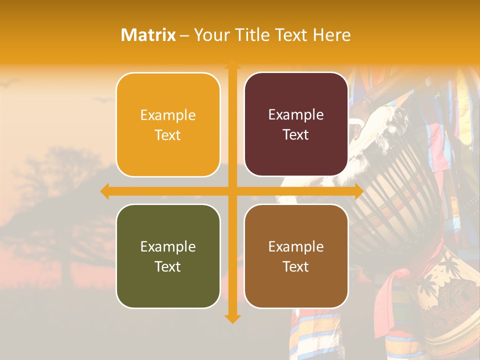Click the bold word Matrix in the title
148,35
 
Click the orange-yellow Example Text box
168,124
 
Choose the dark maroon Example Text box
296,124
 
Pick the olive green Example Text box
168,256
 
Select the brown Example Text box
296,256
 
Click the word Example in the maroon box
296,115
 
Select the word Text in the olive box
168,266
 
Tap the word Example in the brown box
296,246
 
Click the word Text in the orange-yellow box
168,135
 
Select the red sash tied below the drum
387,300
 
